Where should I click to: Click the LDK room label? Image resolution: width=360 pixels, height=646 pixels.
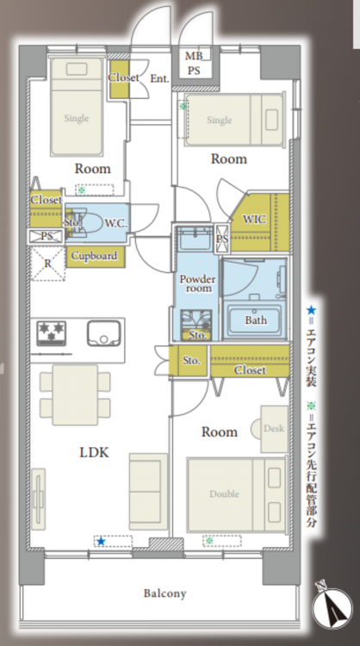94,452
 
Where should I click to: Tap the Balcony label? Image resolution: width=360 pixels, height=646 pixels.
164,593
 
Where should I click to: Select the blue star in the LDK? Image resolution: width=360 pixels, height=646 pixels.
101,542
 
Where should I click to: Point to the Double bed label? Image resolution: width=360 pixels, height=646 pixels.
224,494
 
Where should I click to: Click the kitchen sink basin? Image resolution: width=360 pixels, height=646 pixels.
104,333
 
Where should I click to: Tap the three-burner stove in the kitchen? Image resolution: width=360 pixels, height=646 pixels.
52,333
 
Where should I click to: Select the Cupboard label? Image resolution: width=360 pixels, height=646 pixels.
95,256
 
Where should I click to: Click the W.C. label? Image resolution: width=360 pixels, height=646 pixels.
115,224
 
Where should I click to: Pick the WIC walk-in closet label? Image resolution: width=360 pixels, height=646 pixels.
254,219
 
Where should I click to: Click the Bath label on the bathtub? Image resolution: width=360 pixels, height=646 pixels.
256,320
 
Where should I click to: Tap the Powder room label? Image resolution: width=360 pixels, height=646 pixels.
198,283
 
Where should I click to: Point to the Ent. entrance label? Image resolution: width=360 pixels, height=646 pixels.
159,78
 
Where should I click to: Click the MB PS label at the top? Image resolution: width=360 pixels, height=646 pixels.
194,63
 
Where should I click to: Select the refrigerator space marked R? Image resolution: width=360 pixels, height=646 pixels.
48,264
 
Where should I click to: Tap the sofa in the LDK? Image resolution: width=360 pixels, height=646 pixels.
148,492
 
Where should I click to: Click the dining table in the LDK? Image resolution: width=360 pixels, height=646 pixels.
75,394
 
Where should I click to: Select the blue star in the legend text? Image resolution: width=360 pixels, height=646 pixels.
311,309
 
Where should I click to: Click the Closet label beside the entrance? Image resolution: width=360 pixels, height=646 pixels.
123,77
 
